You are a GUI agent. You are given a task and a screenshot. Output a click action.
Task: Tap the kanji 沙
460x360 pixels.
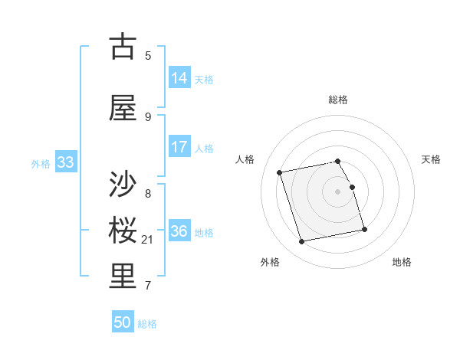coord(123,185)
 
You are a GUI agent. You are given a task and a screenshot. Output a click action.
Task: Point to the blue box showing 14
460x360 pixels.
coord(179,78)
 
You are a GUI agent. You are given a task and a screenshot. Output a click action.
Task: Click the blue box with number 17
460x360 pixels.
coord(179,147)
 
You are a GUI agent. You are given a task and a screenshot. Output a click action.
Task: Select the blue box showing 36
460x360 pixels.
coord(179,231)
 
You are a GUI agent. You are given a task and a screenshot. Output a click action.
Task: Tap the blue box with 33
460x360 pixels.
coord(65,162)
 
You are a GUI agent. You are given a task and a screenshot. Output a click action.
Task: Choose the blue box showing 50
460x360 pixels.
coord(123,322)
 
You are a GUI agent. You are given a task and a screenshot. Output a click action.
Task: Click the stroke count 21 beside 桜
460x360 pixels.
coord(148,241)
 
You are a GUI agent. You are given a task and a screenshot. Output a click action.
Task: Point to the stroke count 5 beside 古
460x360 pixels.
coord(148,55)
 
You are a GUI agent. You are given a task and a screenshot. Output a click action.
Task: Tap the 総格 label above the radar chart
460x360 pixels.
coord(338,100)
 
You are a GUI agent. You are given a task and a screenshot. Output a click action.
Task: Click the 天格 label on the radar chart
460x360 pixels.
coord(431,159)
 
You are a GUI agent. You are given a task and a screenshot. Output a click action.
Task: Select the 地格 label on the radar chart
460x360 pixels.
coord(402,262)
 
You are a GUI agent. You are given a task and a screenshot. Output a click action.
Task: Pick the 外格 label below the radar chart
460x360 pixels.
coord(270,262)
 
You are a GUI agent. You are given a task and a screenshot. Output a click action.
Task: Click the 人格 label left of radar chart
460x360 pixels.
coord(245,159)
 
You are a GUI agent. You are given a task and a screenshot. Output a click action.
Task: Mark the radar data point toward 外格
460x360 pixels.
coord(302,242)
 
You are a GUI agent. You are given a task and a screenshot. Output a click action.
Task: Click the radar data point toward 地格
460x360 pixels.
coord(364,230)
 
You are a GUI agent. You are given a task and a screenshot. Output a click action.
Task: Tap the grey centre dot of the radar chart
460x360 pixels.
coord(338,191)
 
